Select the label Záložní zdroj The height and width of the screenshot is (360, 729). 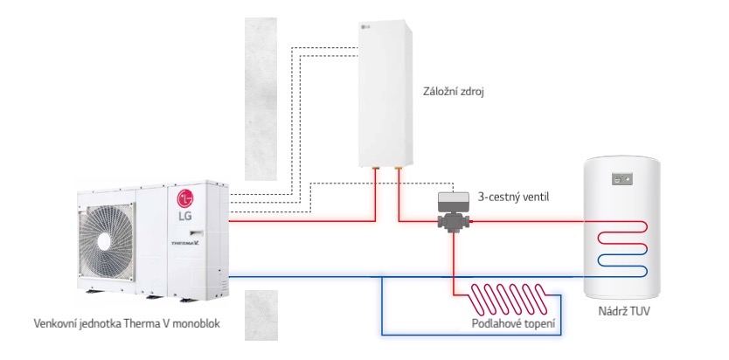click(455, 90)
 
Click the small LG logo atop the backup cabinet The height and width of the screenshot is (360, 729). click(364, 33)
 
